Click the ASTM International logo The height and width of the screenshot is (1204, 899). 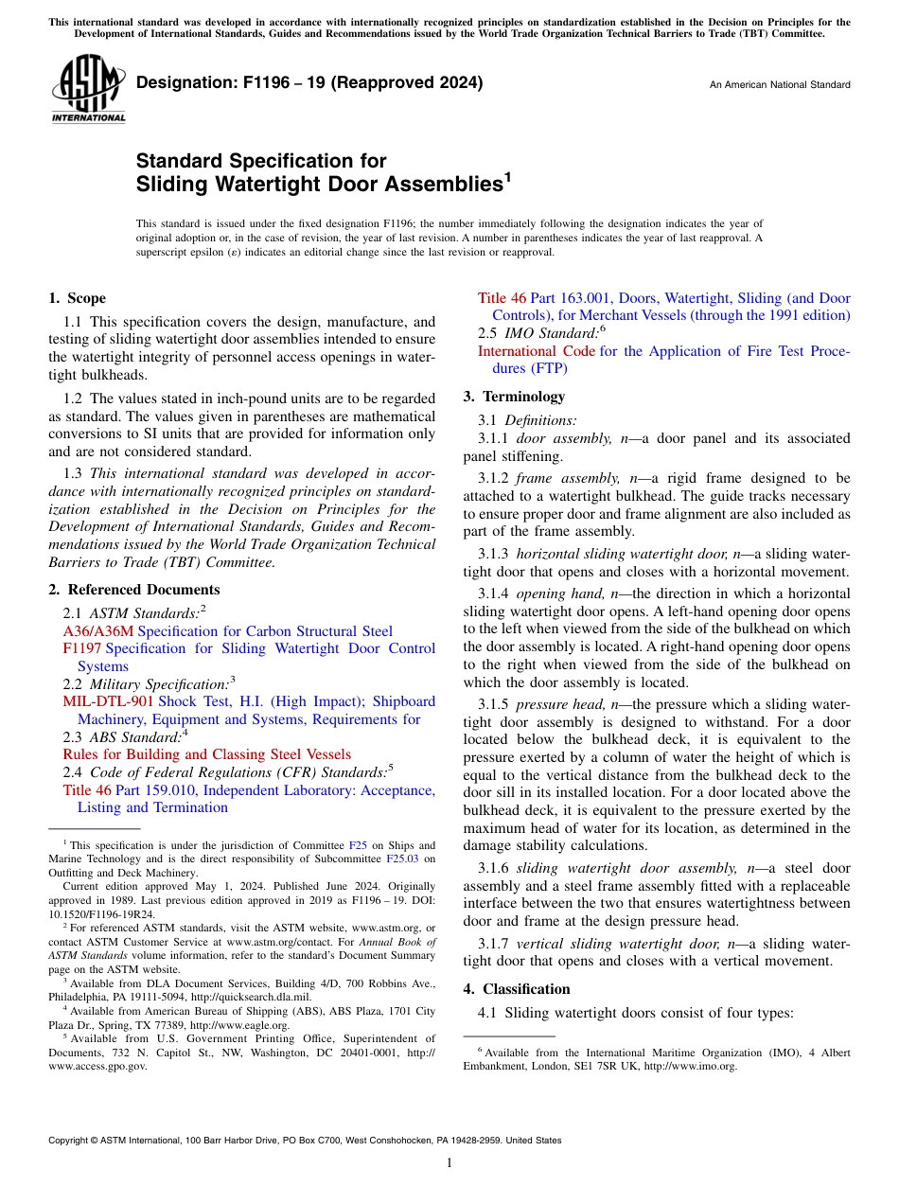87,89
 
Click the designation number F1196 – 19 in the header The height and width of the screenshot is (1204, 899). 309,82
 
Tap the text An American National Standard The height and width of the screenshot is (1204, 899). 779,85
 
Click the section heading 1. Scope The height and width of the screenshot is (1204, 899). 77,298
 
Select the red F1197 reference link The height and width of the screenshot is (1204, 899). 82,648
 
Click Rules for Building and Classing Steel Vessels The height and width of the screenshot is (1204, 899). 206,754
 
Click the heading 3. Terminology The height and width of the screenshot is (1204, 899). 514,397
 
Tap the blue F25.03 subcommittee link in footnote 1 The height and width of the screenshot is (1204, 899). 402,859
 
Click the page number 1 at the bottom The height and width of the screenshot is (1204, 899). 449,1163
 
